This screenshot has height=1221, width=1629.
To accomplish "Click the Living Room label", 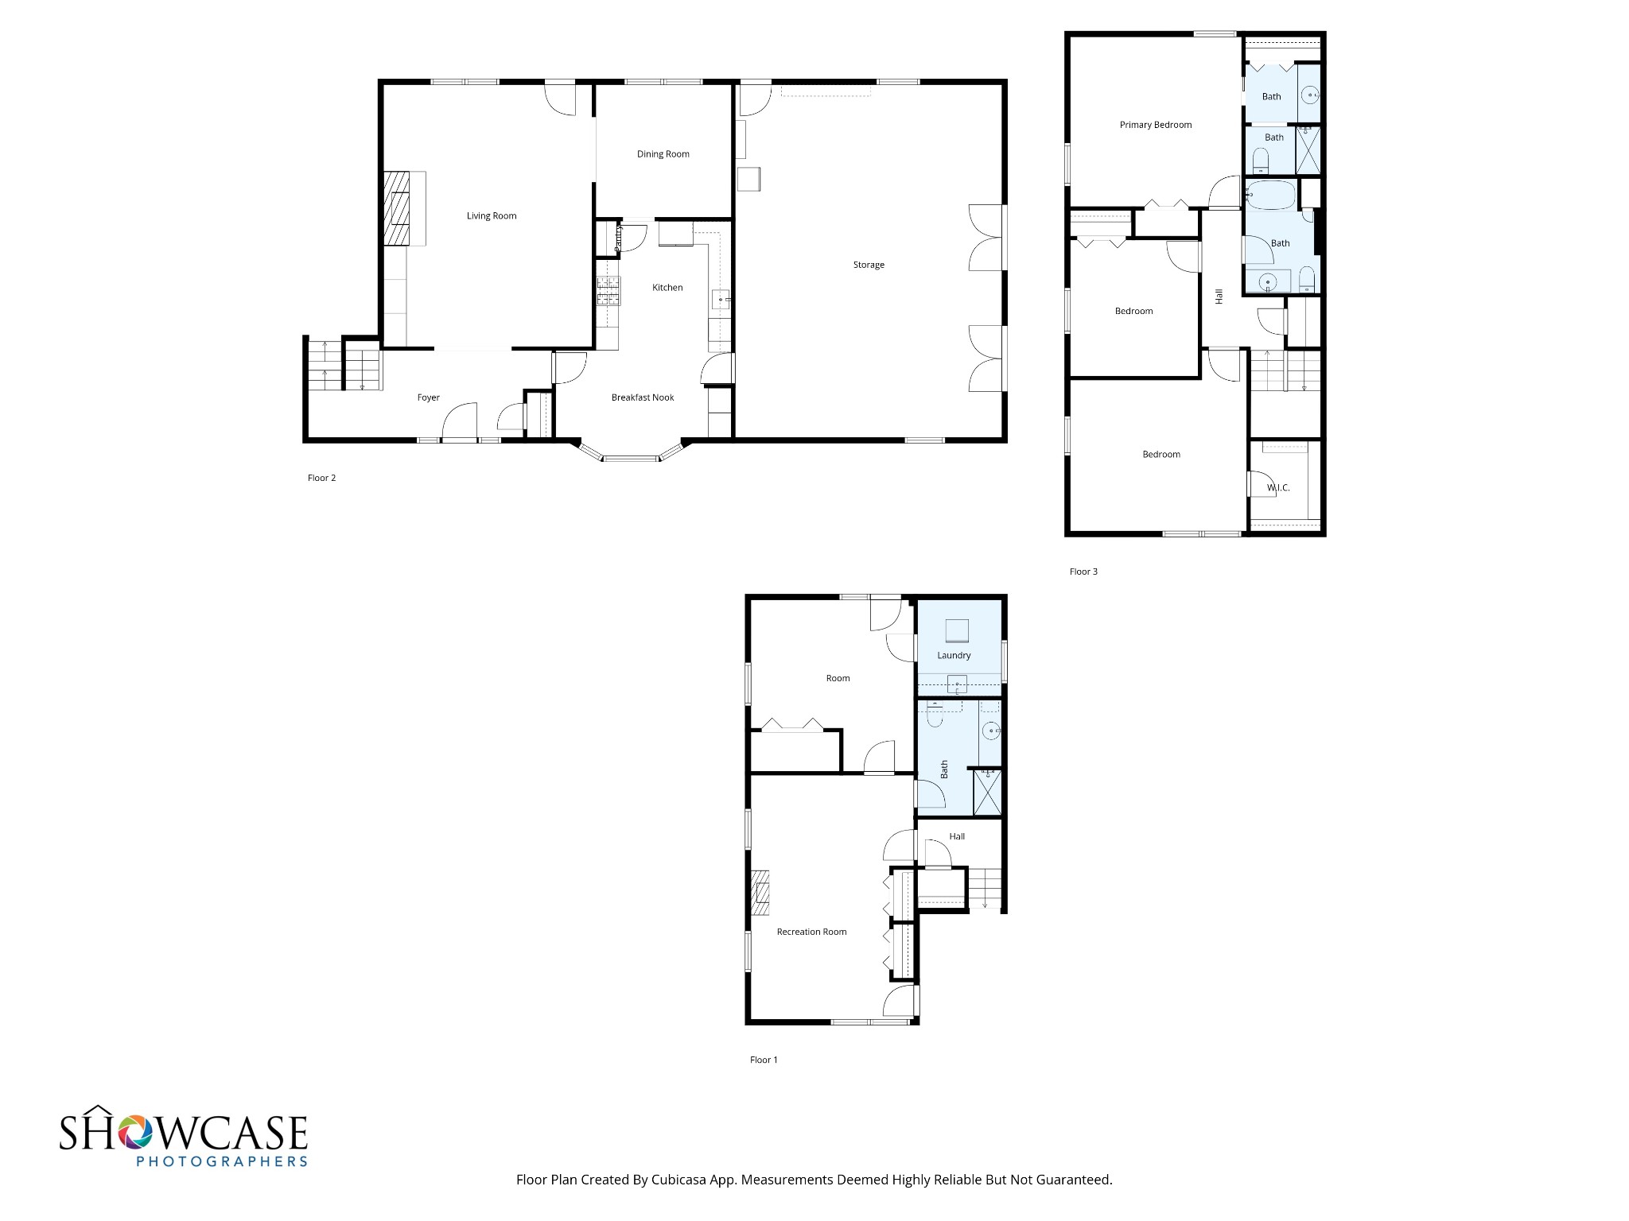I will click(x=492, y=215).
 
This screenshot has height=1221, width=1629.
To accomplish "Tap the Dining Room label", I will click(x=663, y=154).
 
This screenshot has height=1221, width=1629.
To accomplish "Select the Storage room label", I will click(x=869, y=265).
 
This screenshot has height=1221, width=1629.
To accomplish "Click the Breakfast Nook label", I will click(x=642, y=397).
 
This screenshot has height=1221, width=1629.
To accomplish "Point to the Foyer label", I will click(x=428, y=397).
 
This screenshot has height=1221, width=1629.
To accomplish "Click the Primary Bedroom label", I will click(x=1155, y=125).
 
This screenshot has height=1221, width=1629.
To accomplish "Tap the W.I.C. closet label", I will click(x=1277, y=487).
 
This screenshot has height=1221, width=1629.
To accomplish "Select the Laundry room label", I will click(x=954, y=656).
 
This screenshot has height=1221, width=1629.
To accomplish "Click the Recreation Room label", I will click(x=811, y=932).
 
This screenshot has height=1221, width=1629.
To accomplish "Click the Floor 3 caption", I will click(x=1083, y=572).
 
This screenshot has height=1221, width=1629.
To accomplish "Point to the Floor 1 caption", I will click(x=764, y=1060).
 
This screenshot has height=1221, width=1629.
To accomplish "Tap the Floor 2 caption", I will click(x=321, y=478).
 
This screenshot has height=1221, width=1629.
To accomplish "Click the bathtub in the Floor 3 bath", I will click(x=1271, y=195).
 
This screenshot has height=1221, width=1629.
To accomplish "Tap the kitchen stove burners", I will click(x=608, y=291).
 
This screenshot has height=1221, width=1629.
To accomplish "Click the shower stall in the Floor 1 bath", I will click(x=987, y=792).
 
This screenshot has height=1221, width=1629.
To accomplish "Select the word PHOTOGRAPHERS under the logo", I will click(x=221, y=1161).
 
